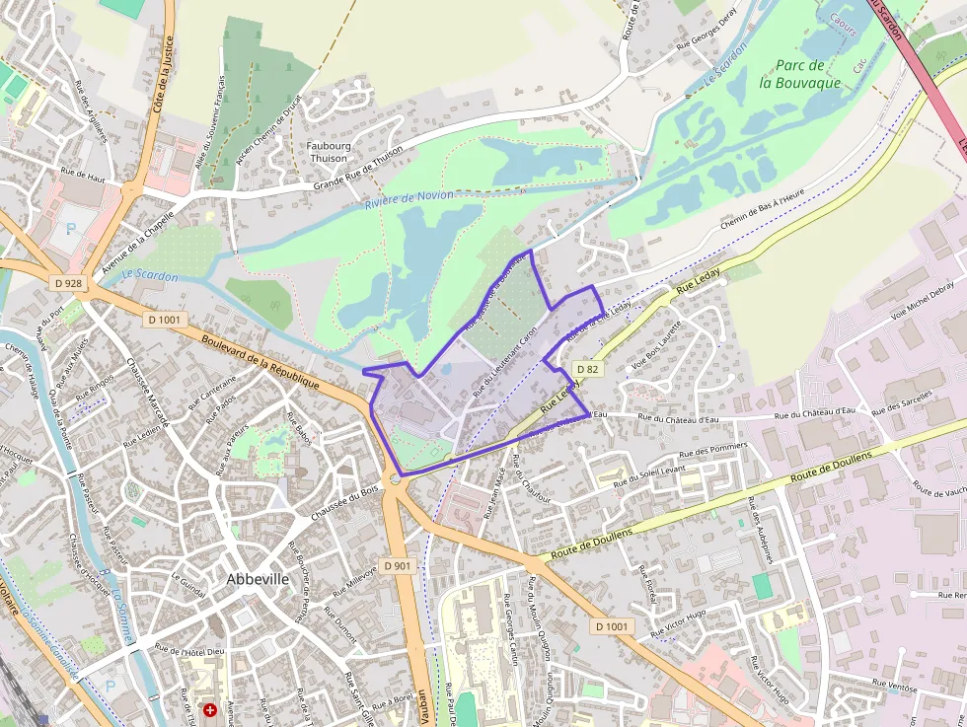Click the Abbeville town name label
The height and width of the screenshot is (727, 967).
coord(258,579)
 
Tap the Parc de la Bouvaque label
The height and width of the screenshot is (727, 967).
coord(800,74)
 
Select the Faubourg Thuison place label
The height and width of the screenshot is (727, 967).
coord(328,151)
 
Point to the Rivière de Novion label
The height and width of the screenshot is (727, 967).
coord(409,199)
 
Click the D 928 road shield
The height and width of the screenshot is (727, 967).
coord(67,283)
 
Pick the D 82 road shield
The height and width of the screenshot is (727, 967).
coord(587,369)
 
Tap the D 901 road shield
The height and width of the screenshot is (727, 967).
coord(397,565)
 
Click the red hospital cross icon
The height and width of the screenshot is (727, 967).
coord(209,709)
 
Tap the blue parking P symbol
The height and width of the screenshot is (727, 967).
coord(70,227)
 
